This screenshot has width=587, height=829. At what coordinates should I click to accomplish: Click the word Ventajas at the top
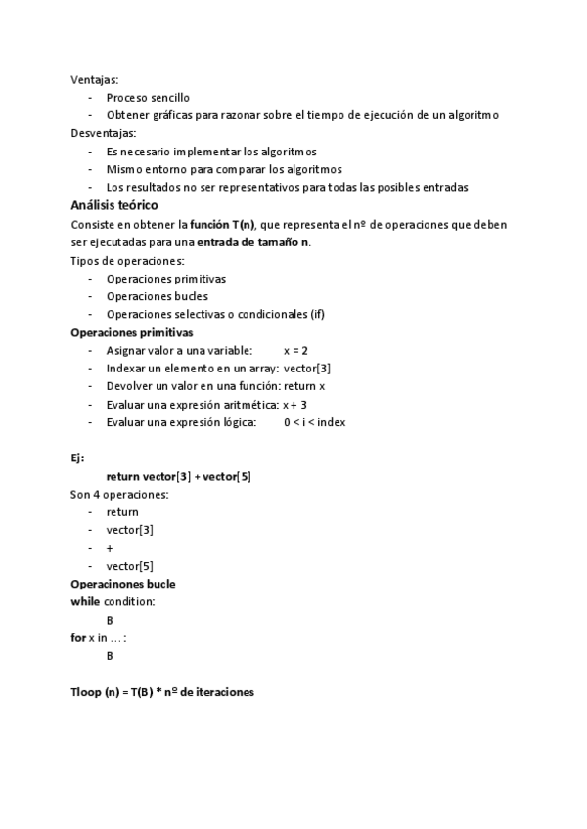point(95,80)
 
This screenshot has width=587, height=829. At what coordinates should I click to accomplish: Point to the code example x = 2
point(295,350)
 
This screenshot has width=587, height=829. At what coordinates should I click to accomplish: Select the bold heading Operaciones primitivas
point(131,332)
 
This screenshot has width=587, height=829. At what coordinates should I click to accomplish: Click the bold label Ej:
point(78,458)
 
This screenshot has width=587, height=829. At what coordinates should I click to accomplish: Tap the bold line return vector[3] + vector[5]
point(179,476)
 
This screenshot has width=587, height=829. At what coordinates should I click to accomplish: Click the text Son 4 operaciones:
point(119,494)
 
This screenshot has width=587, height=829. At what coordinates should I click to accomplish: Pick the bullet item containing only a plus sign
point(110,547)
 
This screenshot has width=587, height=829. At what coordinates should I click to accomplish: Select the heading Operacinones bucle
point(123,584)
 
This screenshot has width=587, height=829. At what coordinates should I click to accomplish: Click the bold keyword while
point(85,601)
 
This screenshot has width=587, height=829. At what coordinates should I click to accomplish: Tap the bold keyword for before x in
point(78,637)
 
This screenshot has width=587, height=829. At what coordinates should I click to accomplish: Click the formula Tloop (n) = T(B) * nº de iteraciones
point(162,691)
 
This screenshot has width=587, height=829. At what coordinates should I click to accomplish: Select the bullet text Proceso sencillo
point(148,98)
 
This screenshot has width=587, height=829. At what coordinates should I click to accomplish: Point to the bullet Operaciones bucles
point(157,296)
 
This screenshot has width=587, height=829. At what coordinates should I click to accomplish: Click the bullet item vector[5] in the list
point(129,565)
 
